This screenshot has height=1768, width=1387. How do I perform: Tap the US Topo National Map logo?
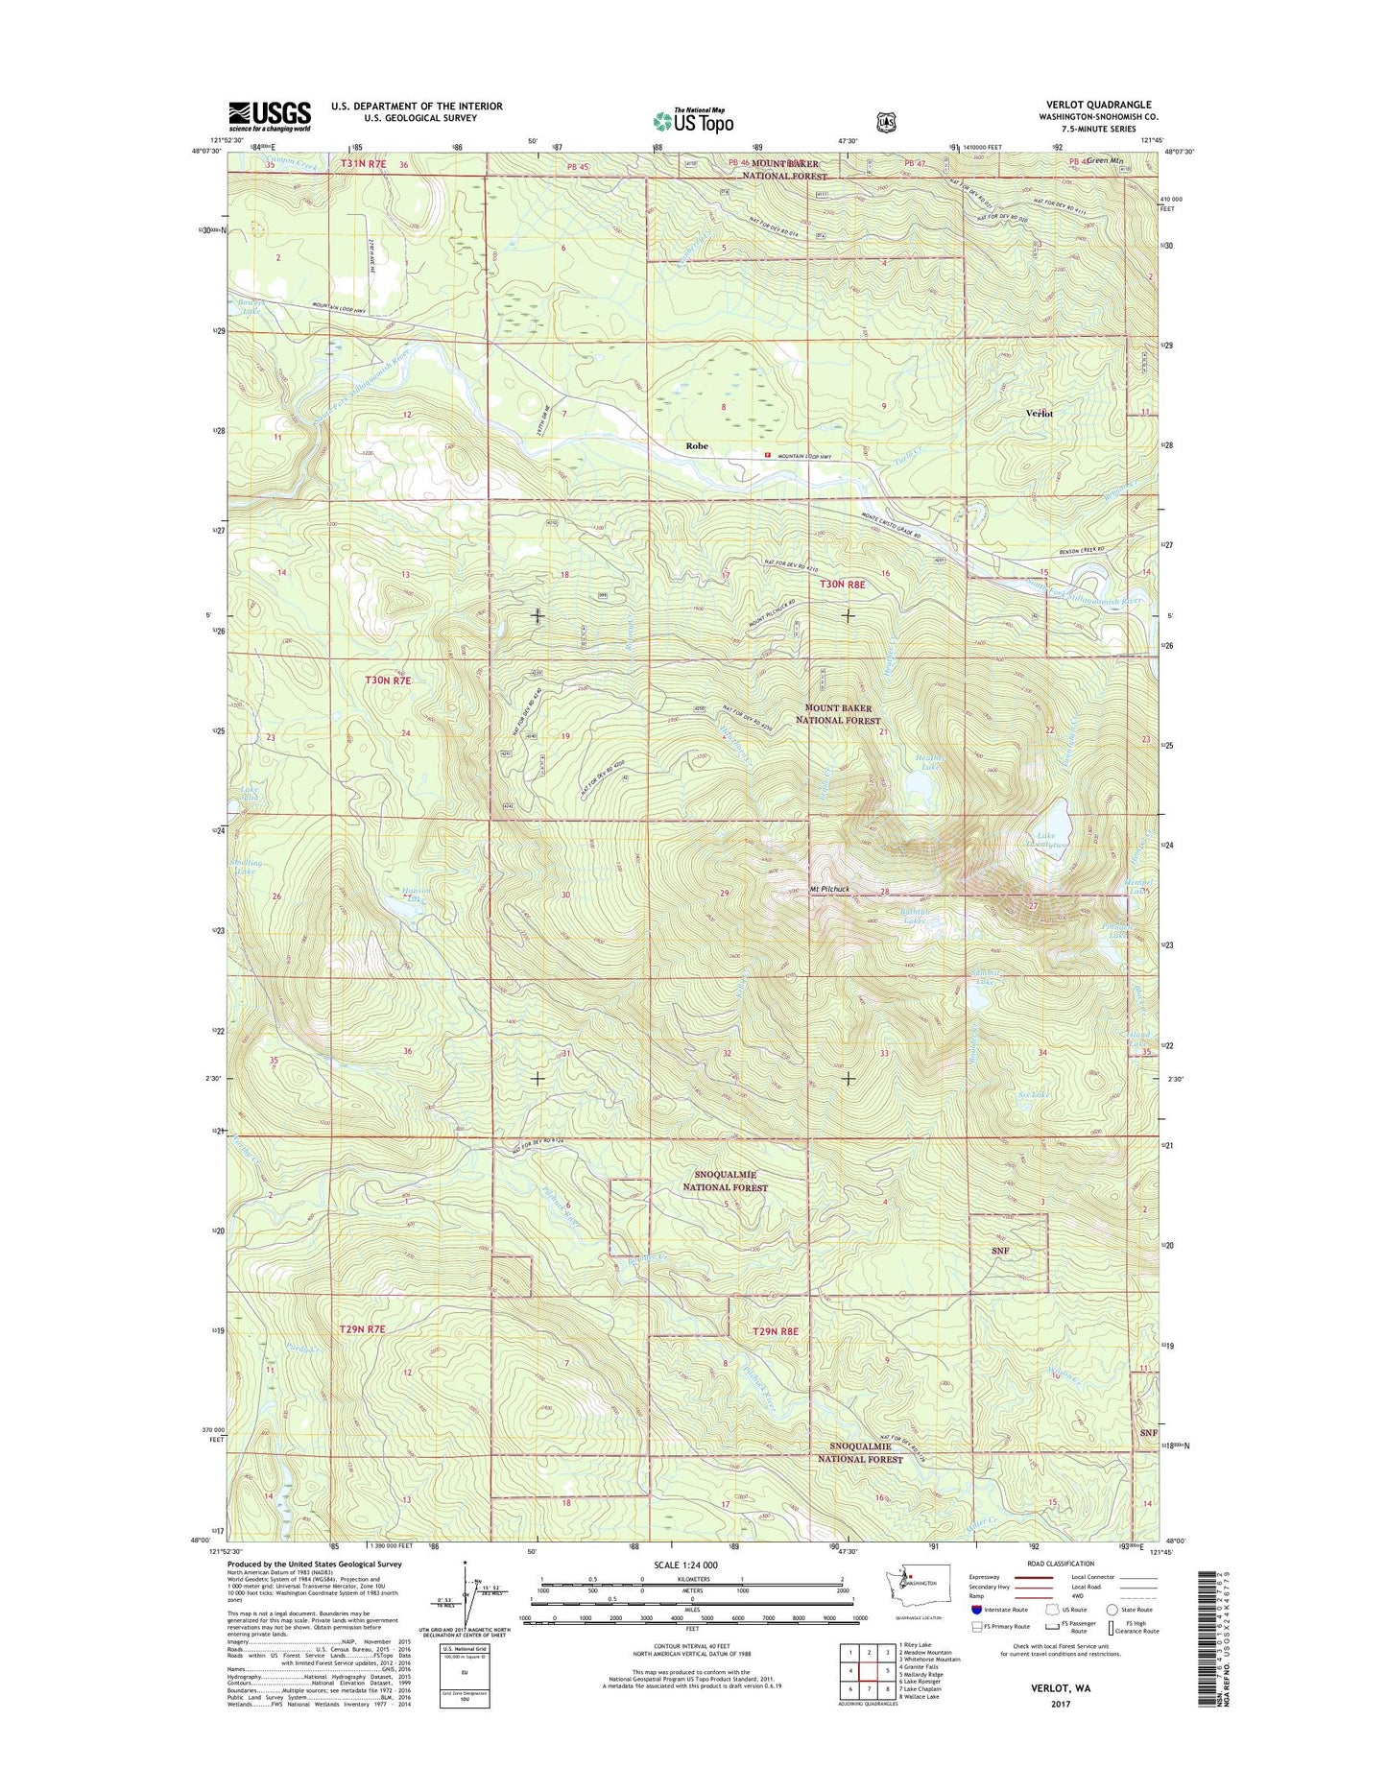point(693,120)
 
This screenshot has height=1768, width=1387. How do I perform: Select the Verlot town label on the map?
point(1039,414)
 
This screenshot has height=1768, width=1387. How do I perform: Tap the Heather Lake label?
point(926,763)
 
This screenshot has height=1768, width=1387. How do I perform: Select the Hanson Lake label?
point(415,895)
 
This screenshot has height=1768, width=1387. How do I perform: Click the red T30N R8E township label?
point(842,584)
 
